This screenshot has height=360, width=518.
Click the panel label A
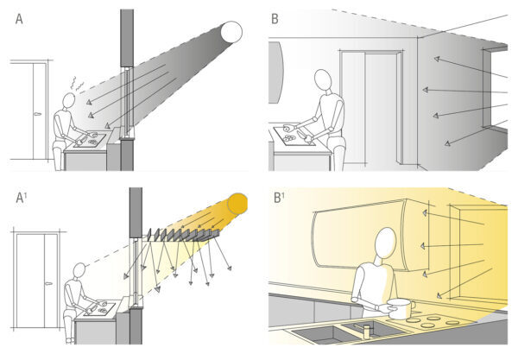19,19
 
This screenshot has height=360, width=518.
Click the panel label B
275,19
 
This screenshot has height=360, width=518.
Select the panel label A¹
22,198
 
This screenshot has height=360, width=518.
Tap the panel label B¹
280,198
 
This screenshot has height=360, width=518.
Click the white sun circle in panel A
231,32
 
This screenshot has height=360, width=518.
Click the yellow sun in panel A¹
237,204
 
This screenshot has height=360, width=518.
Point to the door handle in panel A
37,114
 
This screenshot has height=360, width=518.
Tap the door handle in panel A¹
48,284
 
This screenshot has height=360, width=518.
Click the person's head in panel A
69,100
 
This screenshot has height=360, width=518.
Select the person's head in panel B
323,80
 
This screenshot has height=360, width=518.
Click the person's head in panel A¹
79,271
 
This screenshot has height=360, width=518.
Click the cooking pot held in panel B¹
401,308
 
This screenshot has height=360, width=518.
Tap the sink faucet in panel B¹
365,331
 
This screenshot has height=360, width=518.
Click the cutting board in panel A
90,139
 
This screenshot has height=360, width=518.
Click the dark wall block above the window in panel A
127,38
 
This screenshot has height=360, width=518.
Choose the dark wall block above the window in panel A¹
136,212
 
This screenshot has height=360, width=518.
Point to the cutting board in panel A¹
99,308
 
